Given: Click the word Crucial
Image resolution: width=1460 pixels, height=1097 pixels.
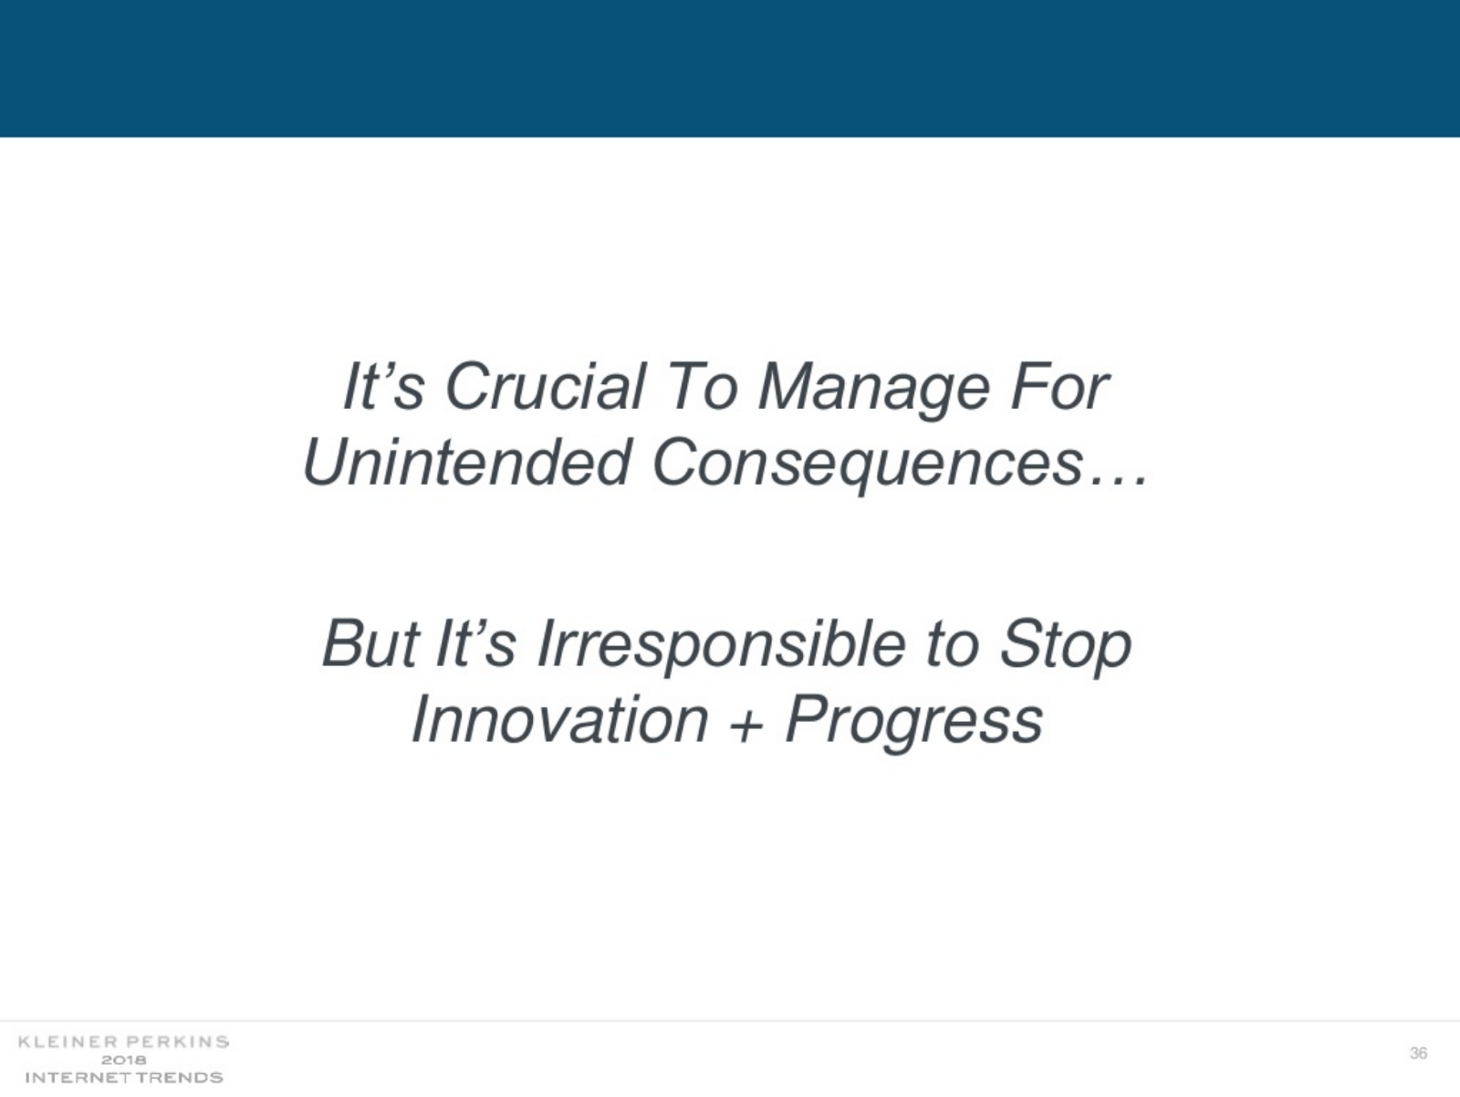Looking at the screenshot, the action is tap(546, 387).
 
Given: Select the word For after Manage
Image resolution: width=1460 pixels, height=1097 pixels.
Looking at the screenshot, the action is tap(1058, 387).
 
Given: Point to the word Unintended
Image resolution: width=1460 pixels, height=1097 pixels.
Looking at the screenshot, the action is tap(466, 462).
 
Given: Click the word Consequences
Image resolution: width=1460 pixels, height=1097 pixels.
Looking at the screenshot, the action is tap(868, 465).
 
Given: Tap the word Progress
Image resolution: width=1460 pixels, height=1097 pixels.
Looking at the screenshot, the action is tap(914, 723).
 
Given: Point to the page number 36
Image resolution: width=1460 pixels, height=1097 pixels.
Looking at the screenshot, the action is tap(1418, 1052).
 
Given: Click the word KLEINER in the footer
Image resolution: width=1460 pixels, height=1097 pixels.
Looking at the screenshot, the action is tap(68, 1041).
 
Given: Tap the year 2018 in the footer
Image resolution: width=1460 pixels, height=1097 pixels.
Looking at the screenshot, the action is tap(124, 1060).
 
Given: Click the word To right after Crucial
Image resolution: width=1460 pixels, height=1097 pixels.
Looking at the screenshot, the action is tap(701, 387).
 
